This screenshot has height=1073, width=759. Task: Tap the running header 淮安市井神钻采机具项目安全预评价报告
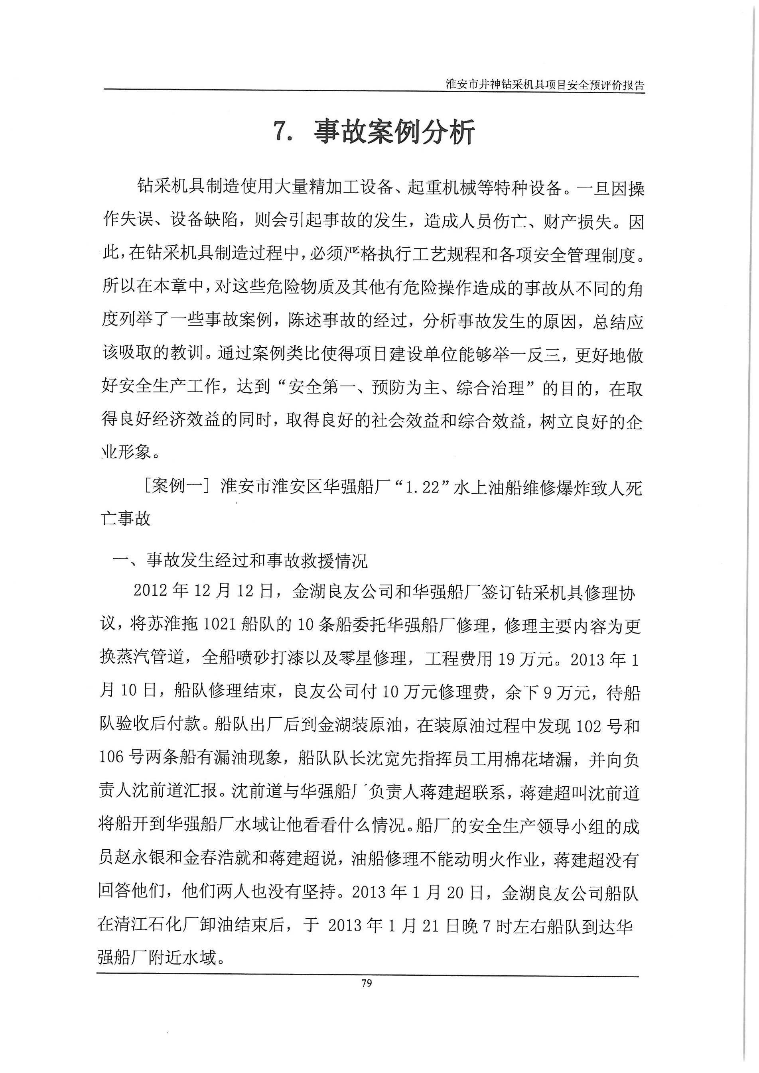pos(545,85)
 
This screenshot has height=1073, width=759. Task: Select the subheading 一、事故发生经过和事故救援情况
pos(240,560)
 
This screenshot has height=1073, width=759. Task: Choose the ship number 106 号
pos(120,760)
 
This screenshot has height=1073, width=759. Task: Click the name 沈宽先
pos(381,760)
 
